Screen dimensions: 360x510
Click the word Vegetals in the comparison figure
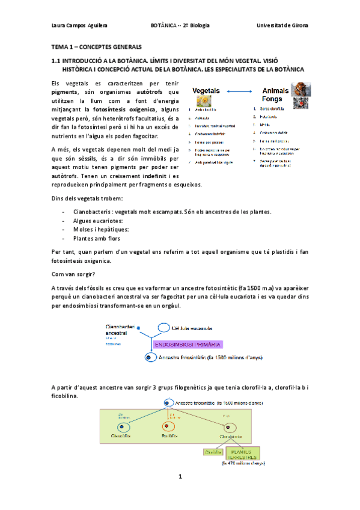pyautogui.click(x=206, y=90)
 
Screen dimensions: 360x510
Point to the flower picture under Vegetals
pyautogui.click(x=205, y=100)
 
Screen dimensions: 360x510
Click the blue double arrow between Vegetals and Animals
pyautogui.click(x=240, y=91)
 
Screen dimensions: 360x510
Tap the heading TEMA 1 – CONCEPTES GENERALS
pyautogui.click(x=97, y=46)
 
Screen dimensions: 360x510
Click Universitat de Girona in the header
pyautogui.click(x=282, y=26)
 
